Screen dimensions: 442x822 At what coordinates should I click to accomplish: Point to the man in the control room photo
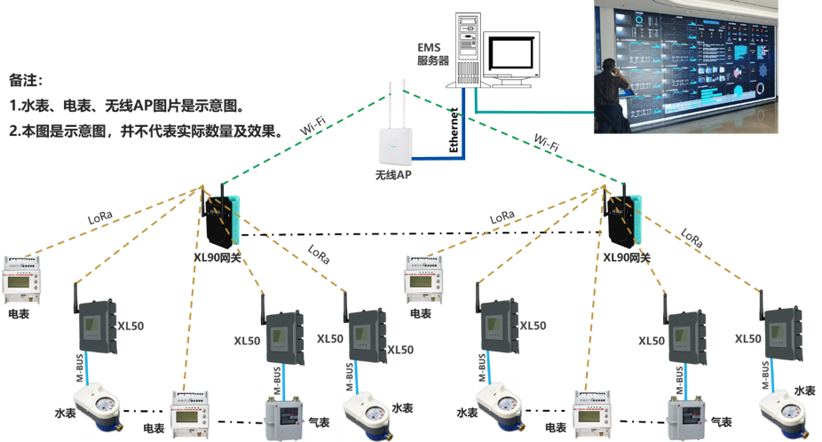tap(612, 93)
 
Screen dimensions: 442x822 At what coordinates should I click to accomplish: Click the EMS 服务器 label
tap(433, 53)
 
